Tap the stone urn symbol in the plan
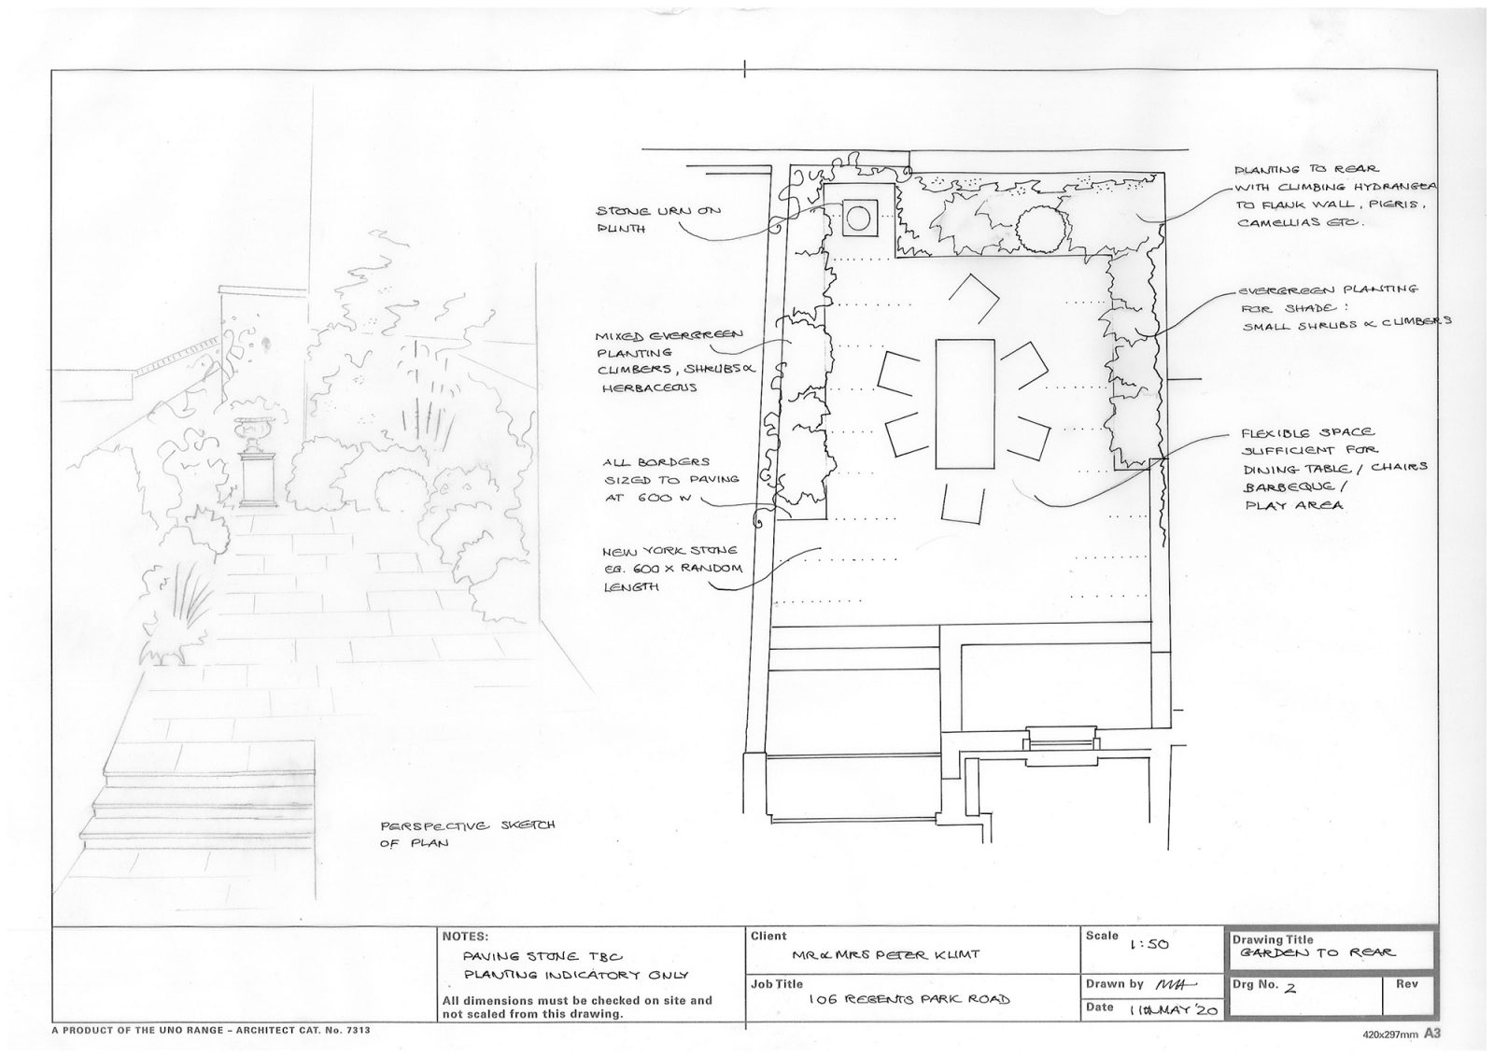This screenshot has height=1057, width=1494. [x=858, y=218]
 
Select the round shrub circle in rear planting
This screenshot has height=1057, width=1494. [x=1040, y=229]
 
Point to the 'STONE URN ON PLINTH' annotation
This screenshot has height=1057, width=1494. [x=658, y=219]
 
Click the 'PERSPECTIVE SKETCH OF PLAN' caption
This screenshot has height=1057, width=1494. [x=467, y=834]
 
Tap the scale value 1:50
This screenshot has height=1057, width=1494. [x=1149, y=945]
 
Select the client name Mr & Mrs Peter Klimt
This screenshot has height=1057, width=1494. [x=886, y=955]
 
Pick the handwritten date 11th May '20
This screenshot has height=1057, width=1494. [x=1173, y=1010]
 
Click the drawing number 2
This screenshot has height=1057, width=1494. [x=1290, y=988]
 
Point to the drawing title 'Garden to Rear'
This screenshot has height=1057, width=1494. [x=1317, y=953]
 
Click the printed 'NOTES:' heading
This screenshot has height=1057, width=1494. [x=465, y=937]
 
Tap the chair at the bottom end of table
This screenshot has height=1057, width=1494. [x=963, y=503]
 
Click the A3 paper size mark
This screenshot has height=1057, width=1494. [x=1432, y=1034]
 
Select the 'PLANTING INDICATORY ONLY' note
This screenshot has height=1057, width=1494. [x=576, y=975]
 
